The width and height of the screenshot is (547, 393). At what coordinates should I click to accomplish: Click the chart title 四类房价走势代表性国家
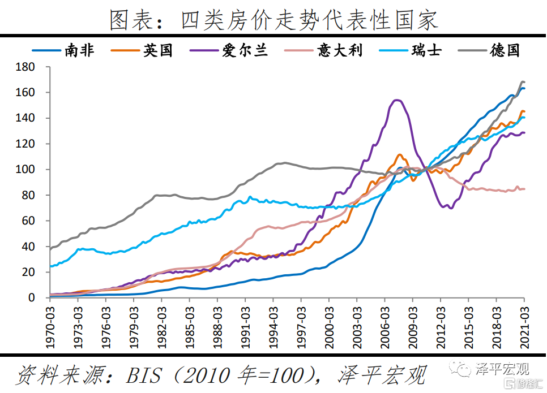pyautogui.click(x=273, y=21)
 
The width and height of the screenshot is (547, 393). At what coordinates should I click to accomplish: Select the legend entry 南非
pyautogui.click(x=79, y=50)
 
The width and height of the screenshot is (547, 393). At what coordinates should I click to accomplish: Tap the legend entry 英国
pyautogui.click(x=157, y=50)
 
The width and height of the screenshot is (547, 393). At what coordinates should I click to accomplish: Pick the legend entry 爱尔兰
pyautogui.click(x=245, y=50)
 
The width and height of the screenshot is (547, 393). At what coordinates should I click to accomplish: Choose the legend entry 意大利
pyautogui.click(x=339, y=50)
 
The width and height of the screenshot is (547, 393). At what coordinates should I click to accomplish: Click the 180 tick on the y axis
pyautogui.click(x=27, y=67)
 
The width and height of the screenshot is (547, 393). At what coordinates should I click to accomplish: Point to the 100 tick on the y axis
pyautogui.click(x=27, y=170)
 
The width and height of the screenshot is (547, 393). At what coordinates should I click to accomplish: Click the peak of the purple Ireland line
pyautogui.click(x=396, y=100)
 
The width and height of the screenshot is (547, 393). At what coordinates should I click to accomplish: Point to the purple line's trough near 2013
pyautogui.click(x=451, y=208)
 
